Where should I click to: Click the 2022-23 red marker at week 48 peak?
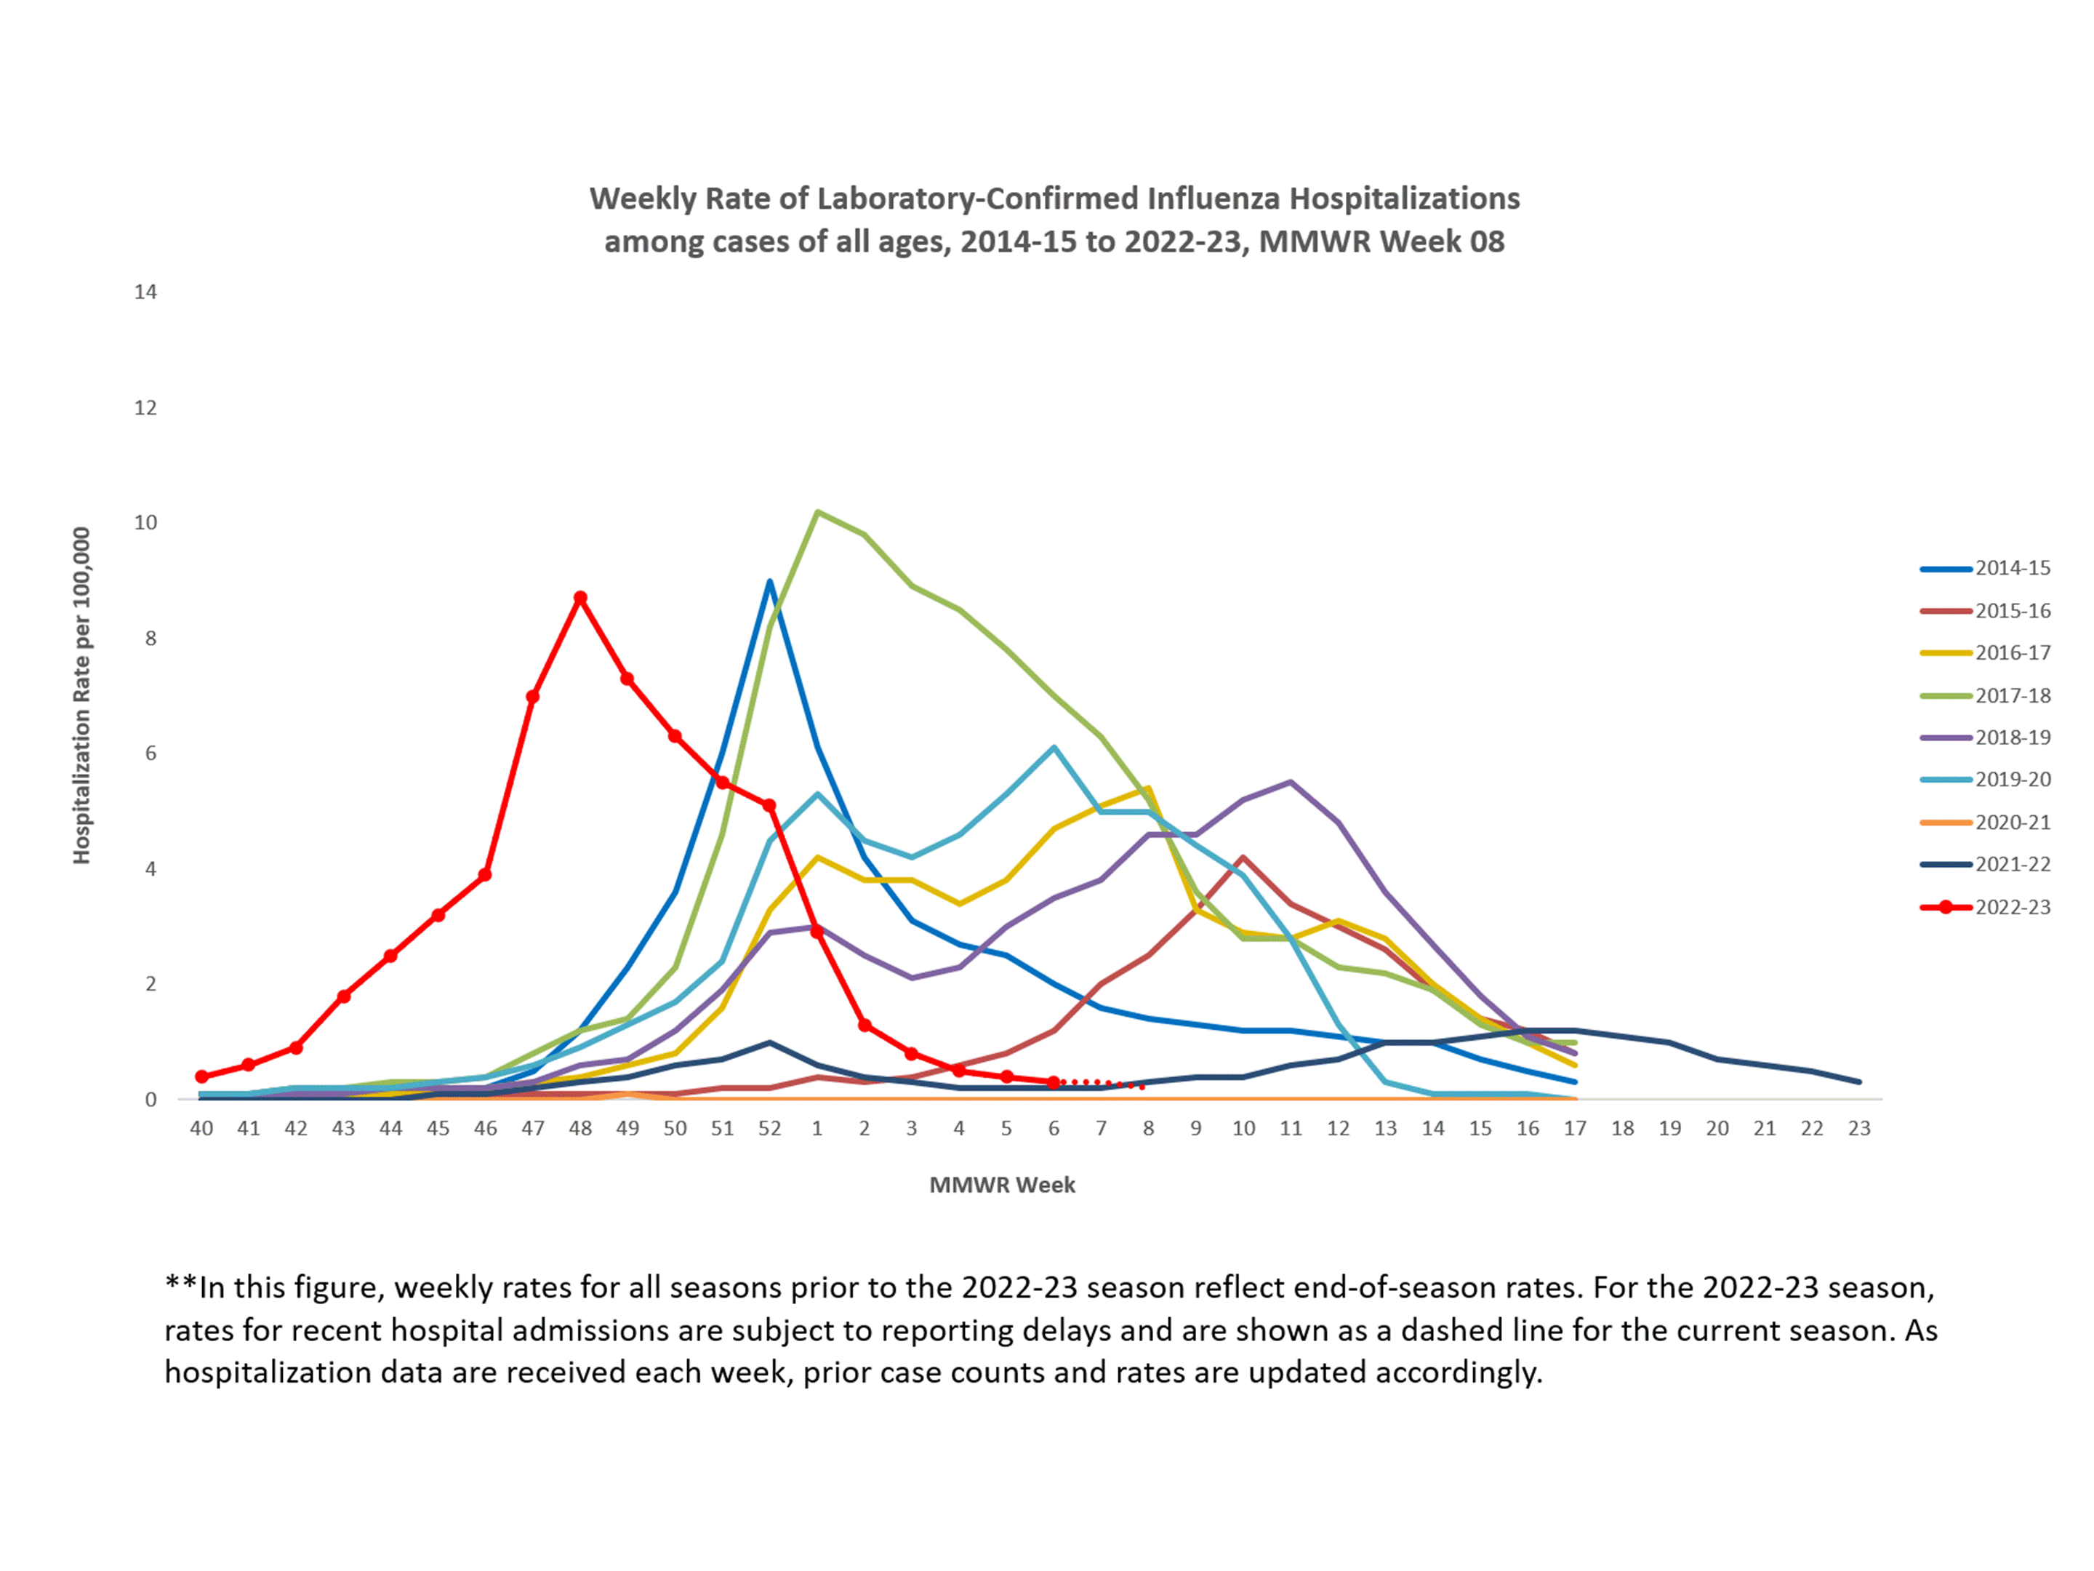click(x=580, y=599)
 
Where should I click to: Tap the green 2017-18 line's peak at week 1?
click(x=817, y=512)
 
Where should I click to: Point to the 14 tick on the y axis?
click(x=145, y=292)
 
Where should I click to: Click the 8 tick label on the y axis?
click(x=151, y=639)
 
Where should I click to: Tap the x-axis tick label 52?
click(x=770, y=1129)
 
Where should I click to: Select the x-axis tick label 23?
click(x=1859, y=1129)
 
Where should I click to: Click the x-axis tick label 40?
click(x=201, y=1129)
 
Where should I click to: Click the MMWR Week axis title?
click(x=1002, y=1185)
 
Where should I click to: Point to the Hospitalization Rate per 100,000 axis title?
click(x=81, y=695)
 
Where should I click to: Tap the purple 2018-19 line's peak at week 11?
click(x=1291, y=782)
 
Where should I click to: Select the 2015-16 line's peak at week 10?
click(x=1243, y=858)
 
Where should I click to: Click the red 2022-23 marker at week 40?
click(x=201, y=1076)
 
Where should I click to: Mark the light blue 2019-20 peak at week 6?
click(x=1054, y=748)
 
